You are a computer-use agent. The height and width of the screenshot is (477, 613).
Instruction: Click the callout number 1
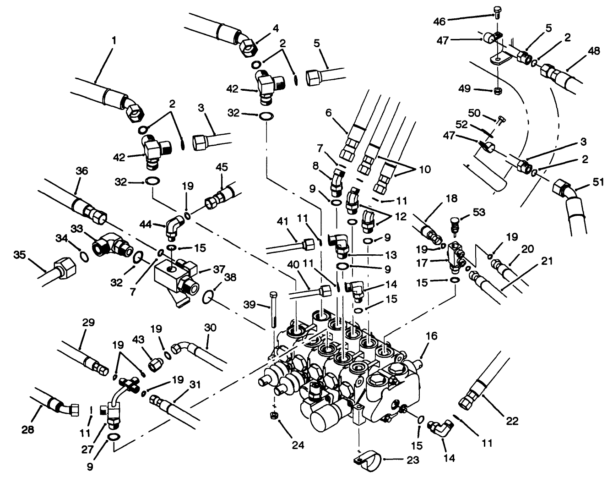coord(114,40)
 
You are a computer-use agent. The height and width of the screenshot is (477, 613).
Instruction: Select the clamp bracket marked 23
coord(365,460)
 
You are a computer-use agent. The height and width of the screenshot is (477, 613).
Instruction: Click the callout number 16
coord(432,337)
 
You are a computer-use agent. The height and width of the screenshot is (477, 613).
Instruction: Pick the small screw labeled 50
coord(501,121)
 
